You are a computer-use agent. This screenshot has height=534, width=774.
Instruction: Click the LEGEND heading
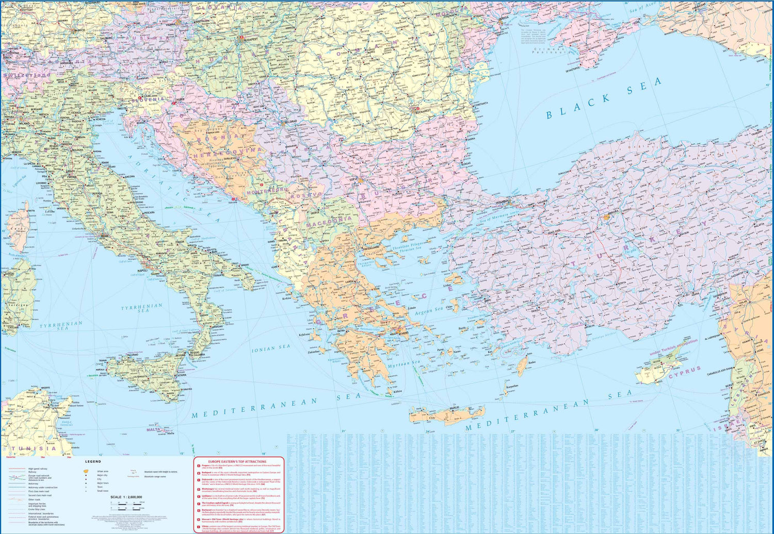click(93, 461)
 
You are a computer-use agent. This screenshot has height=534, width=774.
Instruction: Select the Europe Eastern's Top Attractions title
click(237, 461)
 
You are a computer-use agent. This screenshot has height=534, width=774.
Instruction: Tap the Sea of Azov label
click(642, 9)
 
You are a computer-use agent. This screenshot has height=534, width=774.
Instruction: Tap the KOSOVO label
click(305, 196)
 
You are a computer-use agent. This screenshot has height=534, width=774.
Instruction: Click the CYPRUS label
click(685, 372)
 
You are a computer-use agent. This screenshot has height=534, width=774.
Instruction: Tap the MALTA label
click(153, 429)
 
